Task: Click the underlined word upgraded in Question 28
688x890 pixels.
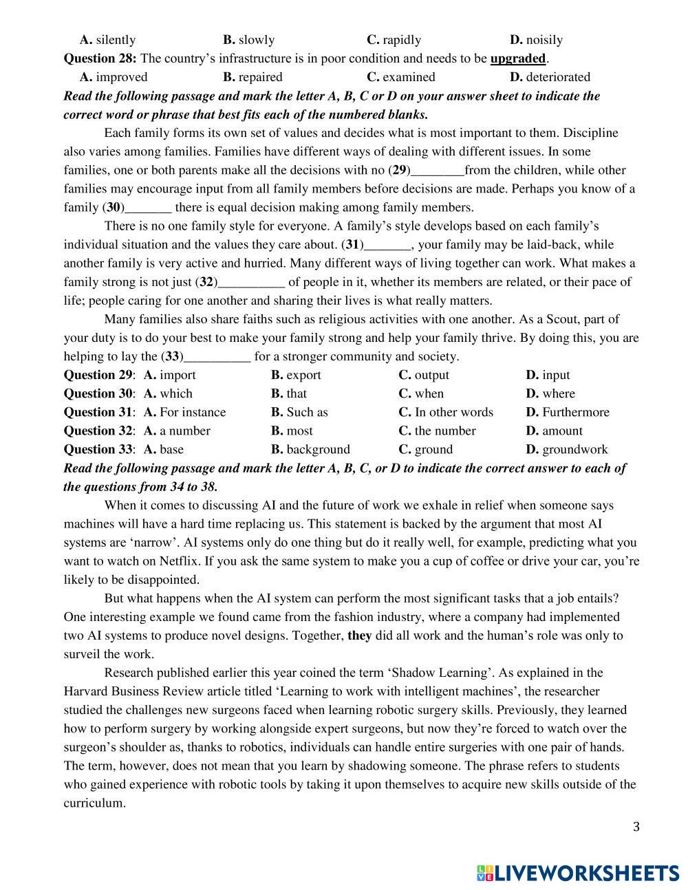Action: coord(517,58)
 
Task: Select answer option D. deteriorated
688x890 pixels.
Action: coord(550,77)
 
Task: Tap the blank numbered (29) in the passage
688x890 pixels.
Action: coord(437,171)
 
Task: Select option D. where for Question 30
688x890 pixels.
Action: coord(550,394)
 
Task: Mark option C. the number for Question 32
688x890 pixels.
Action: coord(437,431)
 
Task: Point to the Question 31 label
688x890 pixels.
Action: coord(98,413)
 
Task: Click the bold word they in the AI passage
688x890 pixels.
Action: coord(359,636)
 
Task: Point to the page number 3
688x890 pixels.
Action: coord(636,827)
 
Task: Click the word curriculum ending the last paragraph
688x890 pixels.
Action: coord(94,803)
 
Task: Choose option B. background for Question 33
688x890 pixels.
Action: coord(310,450)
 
